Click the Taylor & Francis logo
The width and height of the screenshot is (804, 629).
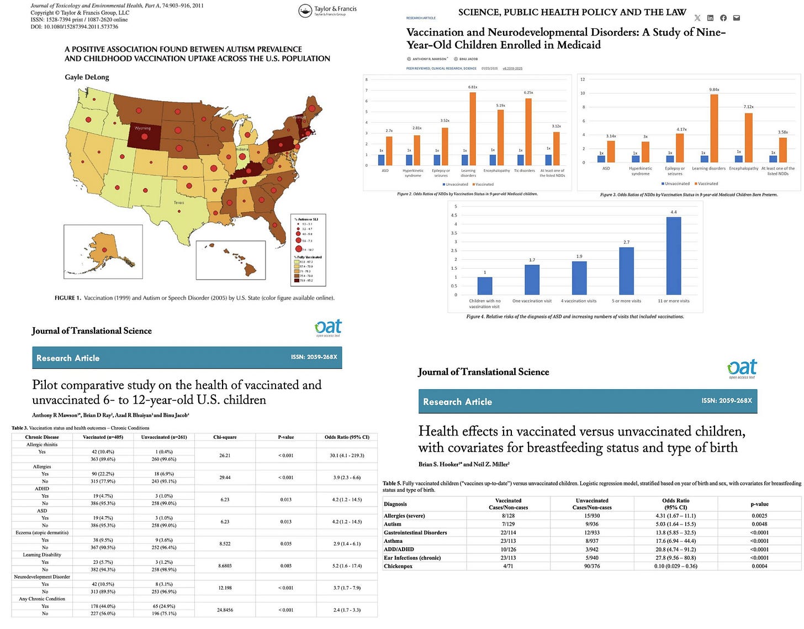327,11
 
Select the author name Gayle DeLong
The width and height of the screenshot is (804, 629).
87,77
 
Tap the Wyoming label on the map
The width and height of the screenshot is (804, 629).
142,128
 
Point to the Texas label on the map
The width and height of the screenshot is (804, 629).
179,203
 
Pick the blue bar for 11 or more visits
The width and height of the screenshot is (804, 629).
673,255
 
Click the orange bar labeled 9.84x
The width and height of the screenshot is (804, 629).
714,128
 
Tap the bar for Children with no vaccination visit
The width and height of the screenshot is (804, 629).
484,285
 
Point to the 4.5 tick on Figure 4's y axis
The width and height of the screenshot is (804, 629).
454,216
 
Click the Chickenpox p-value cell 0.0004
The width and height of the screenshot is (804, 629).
759,566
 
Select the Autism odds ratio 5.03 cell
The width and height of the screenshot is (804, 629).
675,524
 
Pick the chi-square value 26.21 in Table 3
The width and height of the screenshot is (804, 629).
225,455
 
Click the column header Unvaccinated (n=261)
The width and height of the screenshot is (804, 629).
164,437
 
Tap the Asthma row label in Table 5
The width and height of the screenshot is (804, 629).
393,541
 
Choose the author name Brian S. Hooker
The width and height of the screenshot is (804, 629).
439,464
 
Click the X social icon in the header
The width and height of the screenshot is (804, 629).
697,18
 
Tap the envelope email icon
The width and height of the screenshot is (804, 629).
736,18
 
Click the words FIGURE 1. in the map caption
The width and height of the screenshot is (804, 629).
67,298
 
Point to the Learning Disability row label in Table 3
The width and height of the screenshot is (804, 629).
42,554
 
